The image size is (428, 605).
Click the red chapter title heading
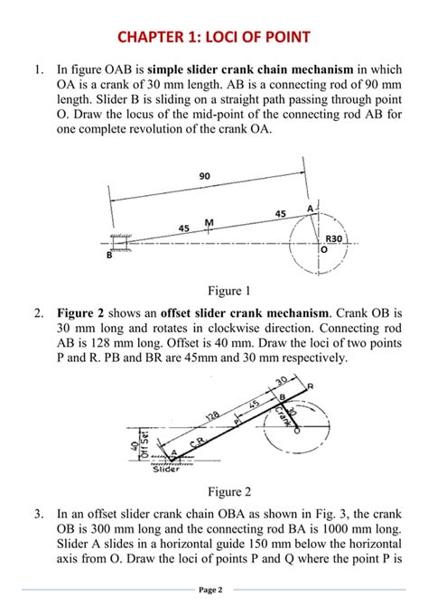(214, 37)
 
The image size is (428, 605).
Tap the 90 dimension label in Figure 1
(205, 176)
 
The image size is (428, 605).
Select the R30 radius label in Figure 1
(334, 238)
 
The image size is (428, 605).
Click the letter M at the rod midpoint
(209, 223)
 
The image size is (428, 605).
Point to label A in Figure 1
(310, 209)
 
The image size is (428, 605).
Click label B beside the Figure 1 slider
(109, 255)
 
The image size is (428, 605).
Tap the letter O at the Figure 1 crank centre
(324, 249)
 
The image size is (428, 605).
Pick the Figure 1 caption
(229, 291)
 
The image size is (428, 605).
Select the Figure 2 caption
(229, 491)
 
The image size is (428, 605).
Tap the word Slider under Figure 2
(166, 470)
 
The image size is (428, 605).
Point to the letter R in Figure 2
(311, 386)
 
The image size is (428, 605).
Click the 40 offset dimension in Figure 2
(135, 445)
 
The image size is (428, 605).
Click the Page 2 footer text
(210, 590)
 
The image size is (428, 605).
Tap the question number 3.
(38, 514)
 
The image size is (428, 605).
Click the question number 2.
(38, 313)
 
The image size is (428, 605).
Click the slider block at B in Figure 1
(120, 243)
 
